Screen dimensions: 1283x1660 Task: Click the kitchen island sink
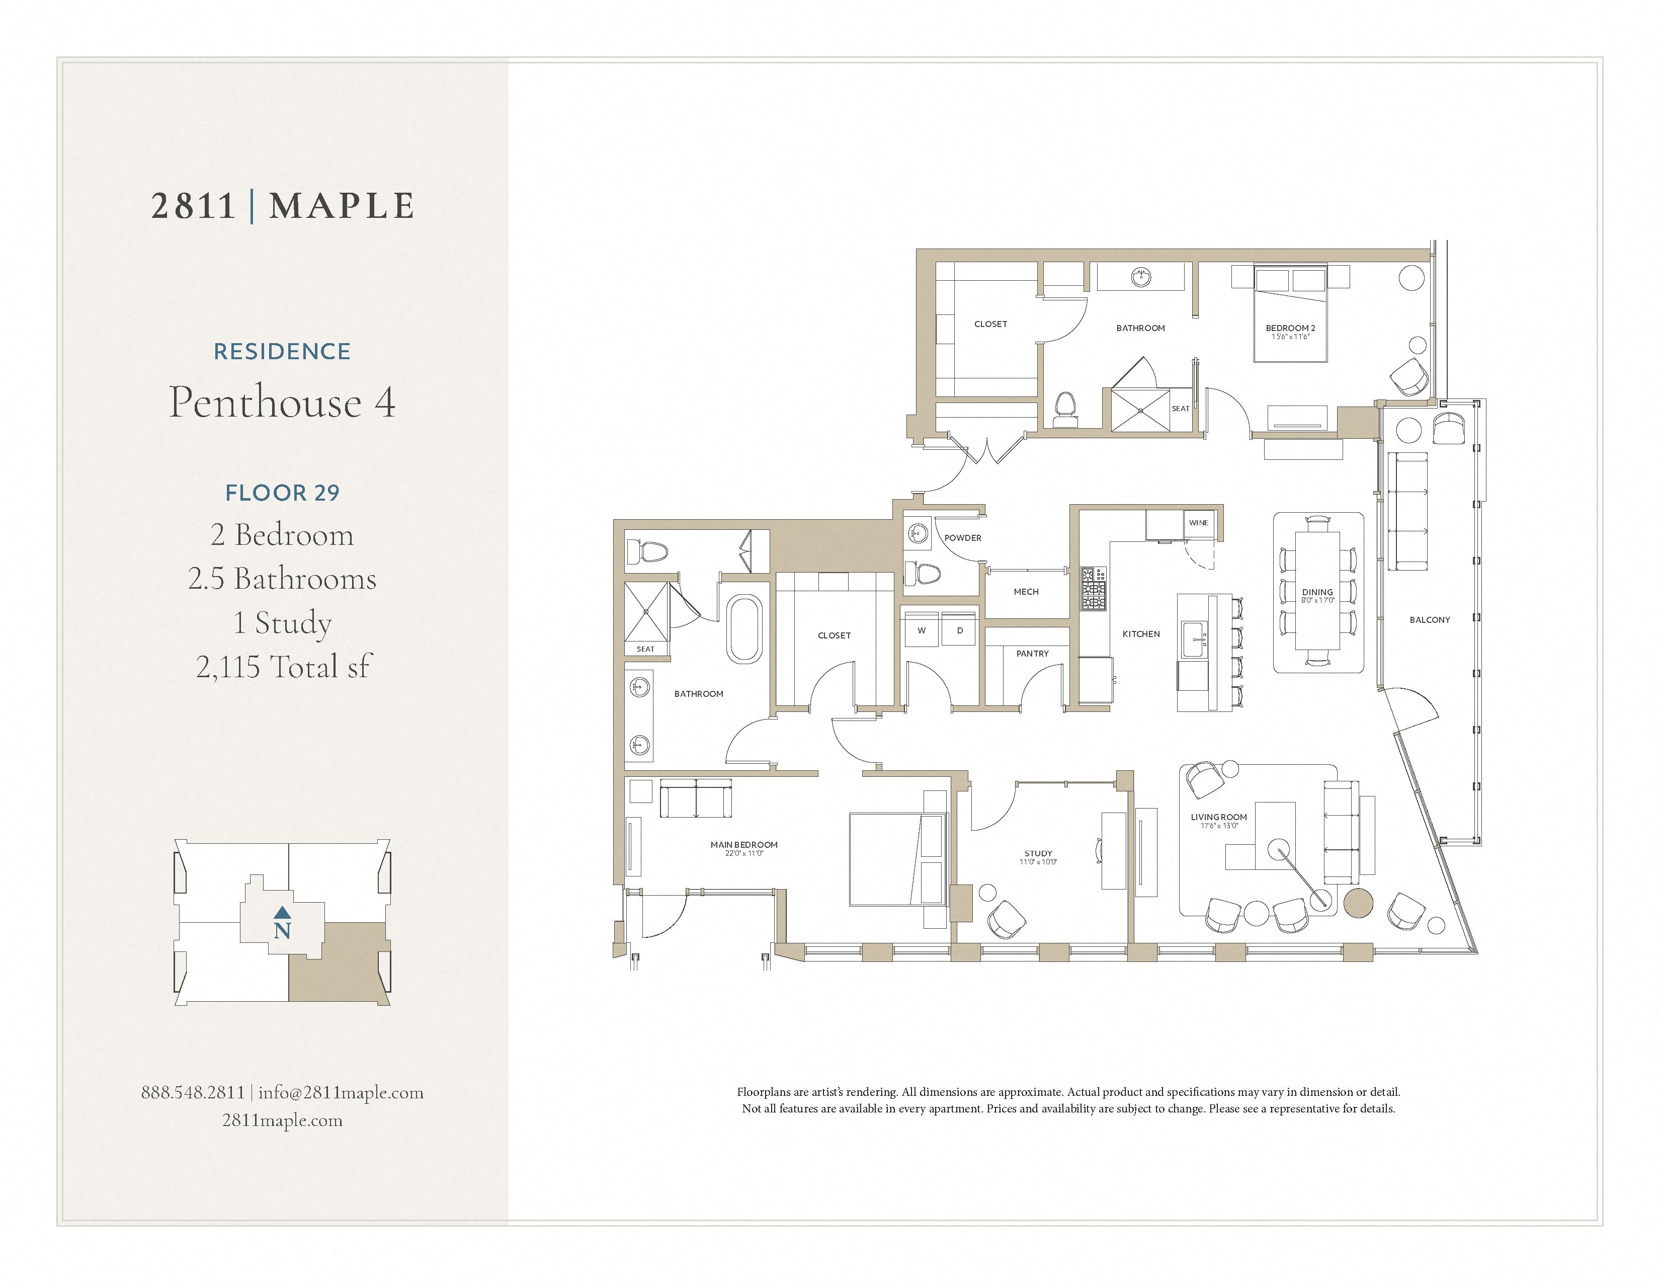(1193, 640)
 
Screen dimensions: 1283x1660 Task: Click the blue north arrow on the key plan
(282, 911)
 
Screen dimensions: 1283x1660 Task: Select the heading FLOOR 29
(282, 493)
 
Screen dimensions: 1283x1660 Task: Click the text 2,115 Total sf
(282, 667)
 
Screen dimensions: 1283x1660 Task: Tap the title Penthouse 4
(282, 402)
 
